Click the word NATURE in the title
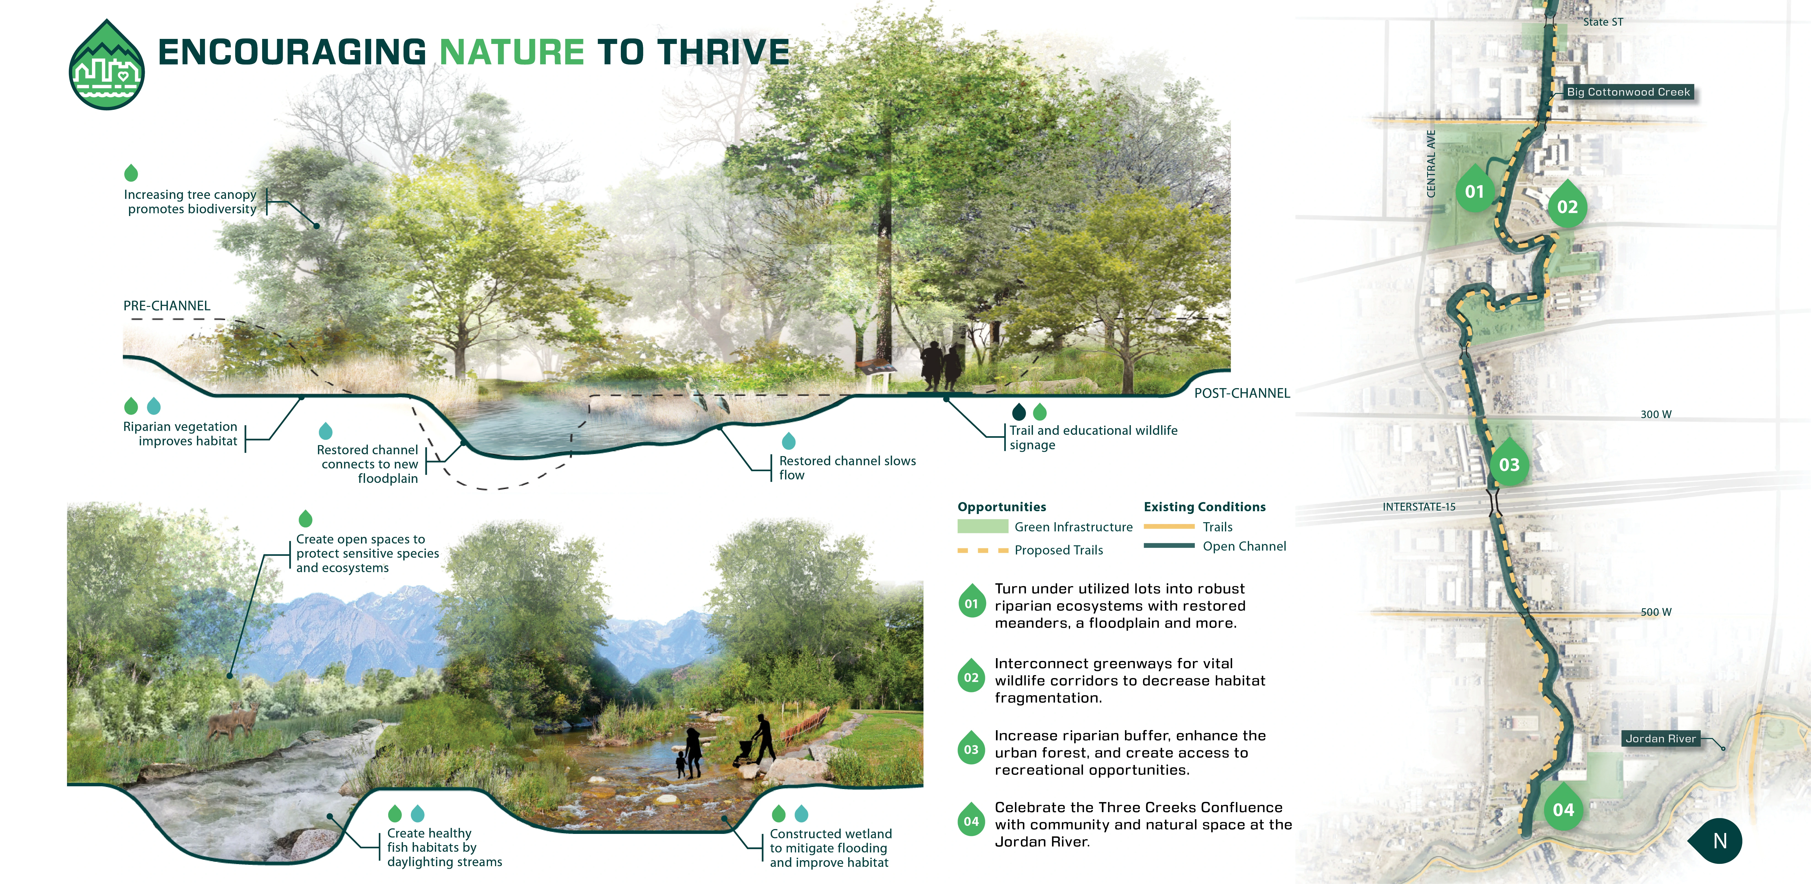[512, 52]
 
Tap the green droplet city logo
[107, 65]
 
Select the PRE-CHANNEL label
[167, 306]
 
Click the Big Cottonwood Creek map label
[1628, 92]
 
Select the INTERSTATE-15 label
[1419, 506]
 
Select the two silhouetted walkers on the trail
[941, 364]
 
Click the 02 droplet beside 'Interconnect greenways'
[971, 676]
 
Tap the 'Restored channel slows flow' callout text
[847, 468]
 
